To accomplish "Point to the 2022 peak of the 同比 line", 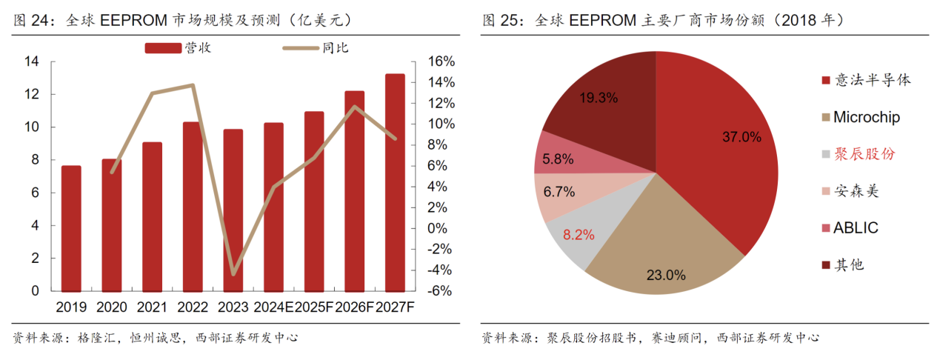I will (193, 85).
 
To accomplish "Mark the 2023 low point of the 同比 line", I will (233, 274).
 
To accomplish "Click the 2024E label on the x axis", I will (273, 307).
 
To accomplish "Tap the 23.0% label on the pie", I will (665, 275).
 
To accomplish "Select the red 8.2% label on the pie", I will (579, 236).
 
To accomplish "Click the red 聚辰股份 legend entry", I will (864, 154).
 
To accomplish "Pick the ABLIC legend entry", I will (856, 227).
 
